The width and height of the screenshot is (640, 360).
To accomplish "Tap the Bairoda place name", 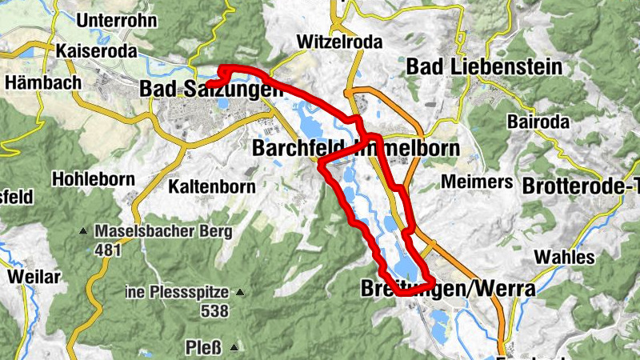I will [538, 122].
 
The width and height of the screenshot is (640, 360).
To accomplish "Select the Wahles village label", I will [564, 257].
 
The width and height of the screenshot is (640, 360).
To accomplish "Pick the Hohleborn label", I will [94, 178].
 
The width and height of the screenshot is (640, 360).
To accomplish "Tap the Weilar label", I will [34, 277].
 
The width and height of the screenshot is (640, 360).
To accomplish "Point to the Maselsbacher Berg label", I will [163, 232].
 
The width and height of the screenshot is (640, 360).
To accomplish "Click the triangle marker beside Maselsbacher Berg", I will [83, 232].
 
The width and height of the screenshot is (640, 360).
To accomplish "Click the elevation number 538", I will [215, 312].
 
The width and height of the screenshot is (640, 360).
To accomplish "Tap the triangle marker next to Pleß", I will [234, 347].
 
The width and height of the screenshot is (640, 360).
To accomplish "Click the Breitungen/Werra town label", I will [447, 289].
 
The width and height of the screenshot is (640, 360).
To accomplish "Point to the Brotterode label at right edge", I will [580, 186].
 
